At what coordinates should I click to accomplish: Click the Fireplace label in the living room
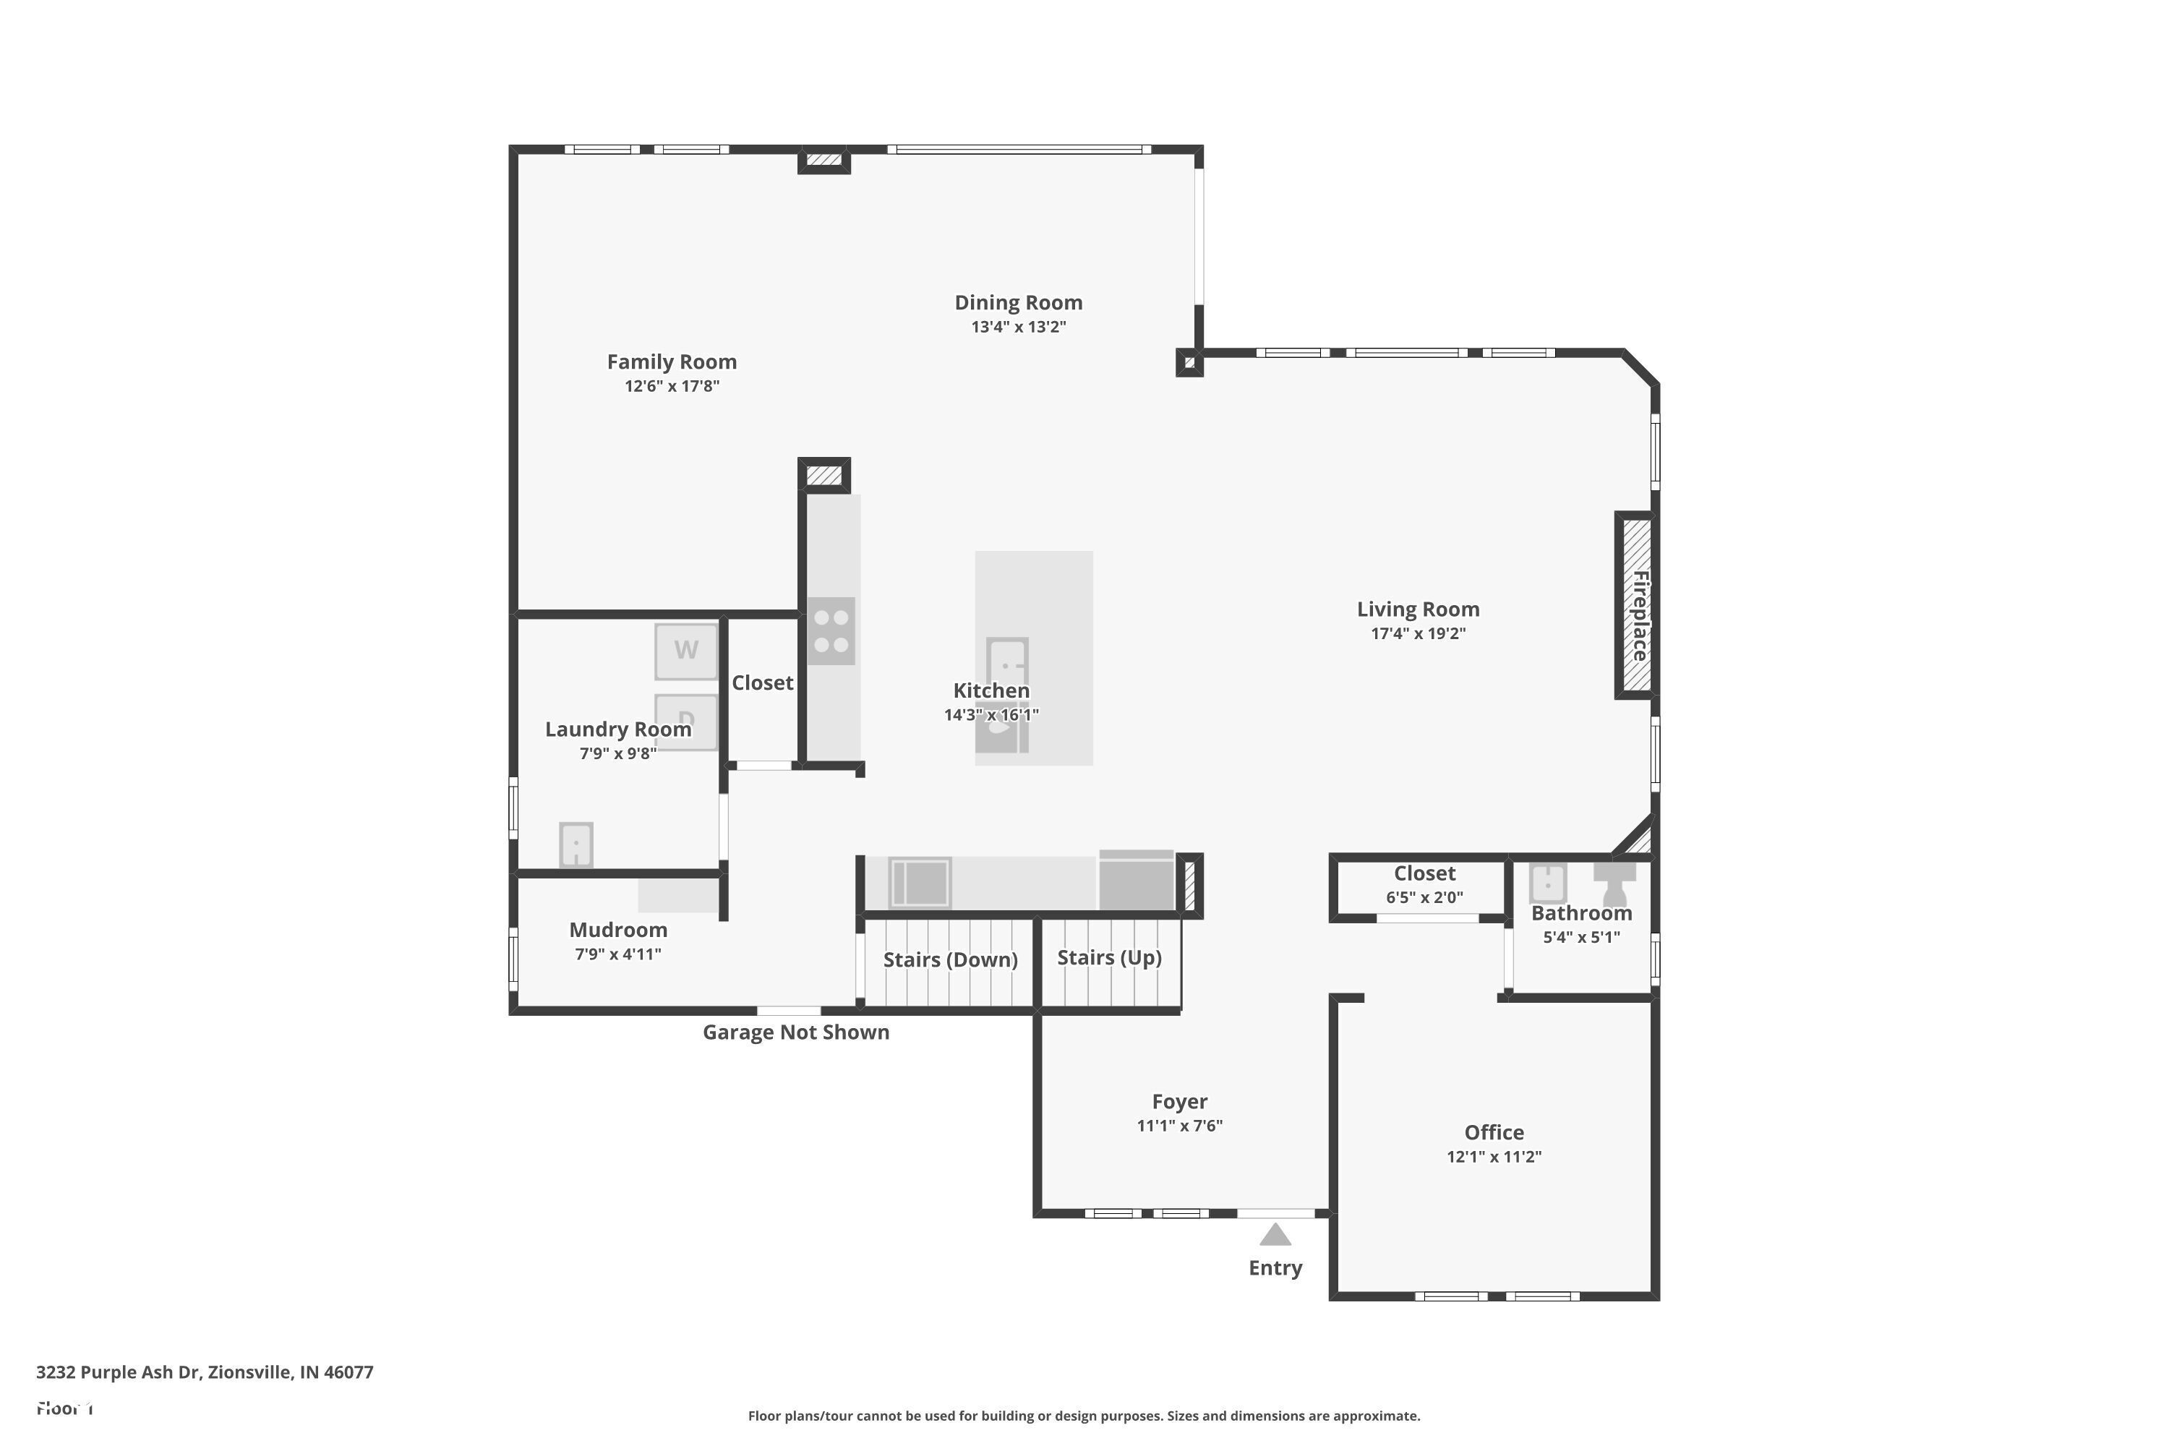[x=1640, y=615]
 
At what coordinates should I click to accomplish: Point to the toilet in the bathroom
[x=1614, y=884]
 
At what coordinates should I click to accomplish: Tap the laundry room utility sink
[x=576, y=844]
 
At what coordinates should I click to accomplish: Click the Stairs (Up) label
[x=1108, y=957]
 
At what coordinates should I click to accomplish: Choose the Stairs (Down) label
[x=950, y=960]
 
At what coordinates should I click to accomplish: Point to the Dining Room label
[x=1018, y=302]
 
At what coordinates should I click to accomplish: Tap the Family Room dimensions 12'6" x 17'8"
[x=672, y=385]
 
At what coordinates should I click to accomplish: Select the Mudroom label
[x=618, y=930]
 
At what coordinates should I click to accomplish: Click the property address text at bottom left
[x=205, y=1372]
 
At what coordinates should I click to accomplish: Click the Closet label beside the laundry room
[x=762, y=683]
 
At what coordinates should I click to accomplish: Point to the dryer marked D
[x=685, y=721]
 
